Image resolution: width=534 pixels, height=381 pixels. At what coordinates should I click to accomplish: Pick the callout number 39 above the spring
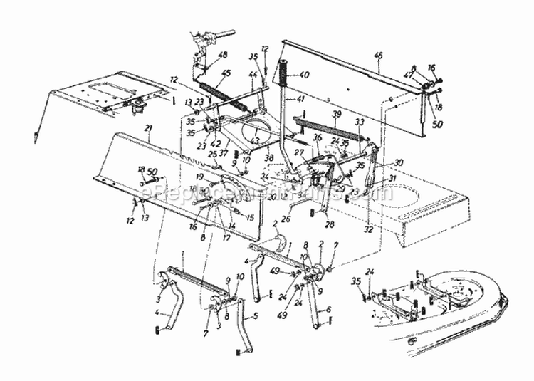point(337,113)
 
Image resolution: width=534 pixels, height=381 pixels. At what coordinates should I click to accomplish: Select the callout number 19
point(201,177)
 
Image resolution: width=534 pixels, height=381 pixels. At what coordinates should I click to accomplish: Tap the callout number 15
point(249,216)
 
